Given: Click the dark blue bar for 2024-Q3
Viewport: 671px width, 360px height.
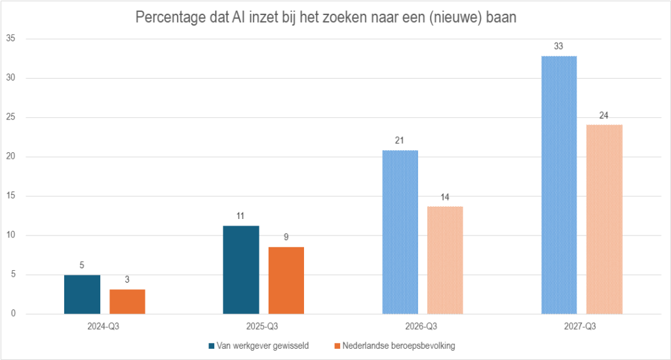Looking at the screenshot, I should [x=82, y=294].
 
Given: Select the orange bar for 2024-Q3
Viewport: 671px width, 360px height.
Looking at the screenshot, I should [x=127, y=302].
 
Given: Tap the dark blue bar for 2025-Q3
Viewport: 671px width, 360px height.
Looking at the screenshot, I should [x=241, y=270].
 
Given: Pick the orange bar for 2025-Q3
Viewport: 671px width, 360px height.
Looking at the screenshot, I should [x=286, y=280].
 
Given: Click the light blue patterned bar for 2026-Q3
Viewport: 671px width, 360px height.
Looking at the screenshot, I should [x=400, y=232].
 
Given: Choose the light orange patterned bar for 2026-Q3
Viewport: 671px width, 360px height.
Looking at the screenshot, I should [x=445, y=260].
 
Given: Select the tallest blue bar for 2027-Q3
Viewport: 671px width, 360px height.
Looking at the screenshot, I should [x=559, y=185].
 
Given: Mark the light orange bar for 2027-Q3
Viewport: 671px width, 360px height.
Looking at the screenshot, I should [x=604, y=219].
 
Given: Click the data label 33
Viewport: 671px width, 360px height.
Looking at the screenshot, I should [x=559, y=47].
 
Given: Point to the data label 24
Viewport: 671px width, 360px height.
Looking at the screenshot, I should [x=604, y=115].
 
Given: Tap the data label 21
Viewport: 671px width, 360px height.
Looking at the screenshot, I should [x=400, y=141].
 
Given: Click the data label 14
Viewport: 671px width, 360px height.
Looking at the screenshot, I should [x=445, y=197].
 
